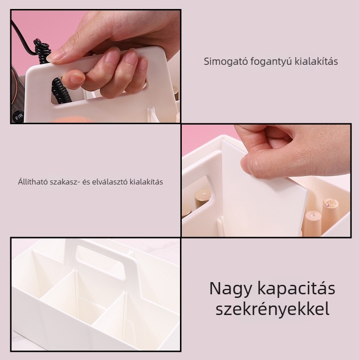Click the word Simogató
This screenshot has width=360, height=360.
(x=220, y=61)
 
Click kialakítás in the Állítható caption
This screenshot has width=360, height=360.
(x=146, y=182)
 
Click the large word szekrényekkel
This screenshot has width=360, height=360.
(x=272, y=310)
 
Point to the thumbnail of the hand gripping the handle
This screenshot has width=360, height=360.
(x=96, y=66)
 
